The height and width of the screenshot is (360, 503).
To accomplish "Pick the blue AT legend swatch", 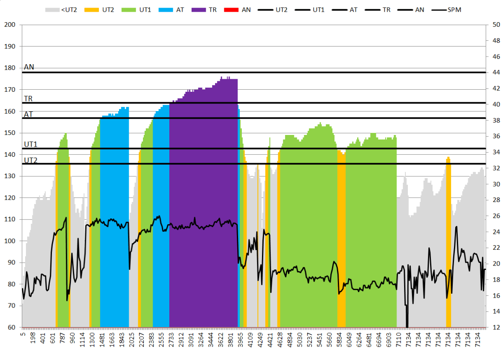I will pyautogui.click(x=166, y=9).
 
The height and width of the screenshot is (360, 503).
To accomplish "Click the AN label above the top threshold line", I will pyautogui.click(x=29, y=67).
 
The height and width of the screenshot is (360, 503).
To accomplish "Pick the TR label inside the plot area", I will pyautogui.click(x=28, y=98).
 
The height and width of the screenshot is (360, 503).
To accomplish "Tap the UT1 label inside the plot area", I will pyautogui.click(x=31, y=145).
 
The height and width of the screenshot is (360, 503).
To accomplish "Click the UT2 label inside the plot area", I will pyautogui.click(x=31, y=160).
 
